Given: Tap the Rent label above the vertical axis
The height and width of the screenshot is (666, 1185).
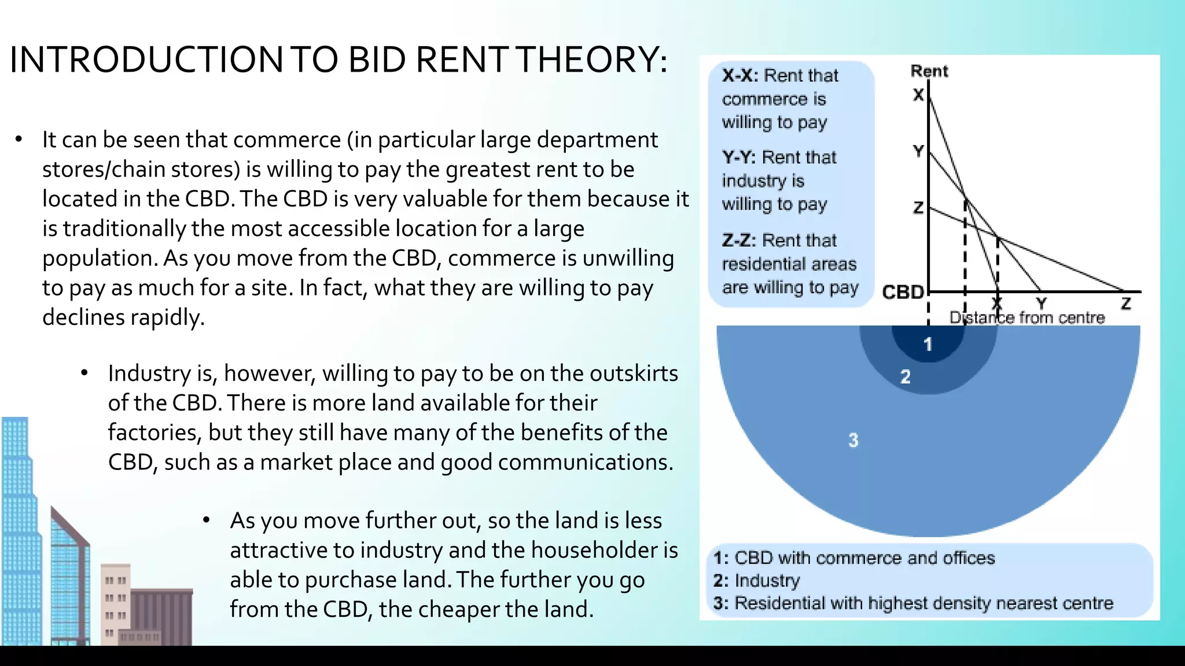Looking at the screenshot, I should click(x=929, y=71).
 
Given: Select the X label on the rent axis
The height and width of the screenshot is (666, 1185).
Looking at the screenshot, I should click(x=918, y=95).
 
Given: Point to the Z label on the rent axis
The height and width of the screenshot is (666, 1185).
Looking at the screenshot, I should click(x=918, y=208).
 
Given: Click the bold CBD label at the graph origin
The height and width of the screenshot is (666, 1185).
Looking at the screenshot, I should click(x=903, y=293).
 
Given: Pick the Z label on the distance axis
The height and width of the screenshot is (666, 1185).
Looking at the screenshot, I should click(x=1125, y=304).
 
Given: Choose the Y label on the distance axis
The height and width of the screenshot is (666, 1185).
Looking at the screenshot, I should click(x=1042, y=303).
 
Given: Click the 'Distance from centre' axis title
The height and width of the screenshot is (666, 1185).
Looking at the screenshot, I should click(x=1027, y=317).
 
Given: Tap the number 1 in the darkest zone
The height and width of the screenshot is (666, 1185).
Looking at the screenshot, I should click(x=928, y=345).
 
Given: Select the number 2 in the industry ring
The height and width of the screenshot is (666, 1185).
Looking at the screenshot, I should click(x=906, y=377).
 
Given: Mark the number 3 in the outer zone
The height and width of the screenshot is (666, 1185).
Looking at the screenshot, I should click(x=853, y=441).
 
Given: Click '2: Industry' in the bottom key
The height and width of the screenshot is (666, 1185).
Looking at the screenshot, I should click(x=756, y=580).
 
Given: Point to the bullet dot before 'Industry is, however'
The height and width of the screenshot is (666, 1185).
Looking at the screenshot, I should click(x=84, y=373).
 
